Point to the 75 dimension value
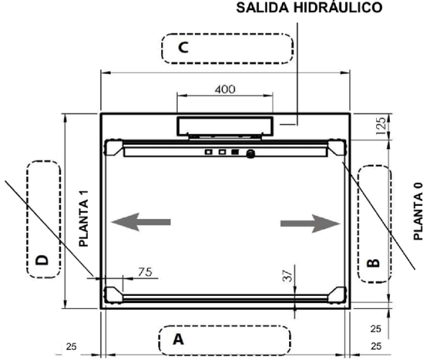coord(145,271)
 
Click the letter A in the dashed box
coord(179,339)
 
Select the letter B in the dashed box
coord(373,263)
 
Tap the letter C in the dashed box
coord(183,48)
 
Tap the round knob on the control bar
coord(251,153)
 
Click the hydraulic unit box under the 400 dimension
coord(225,125)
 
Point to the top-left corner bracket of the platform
coord(114,148)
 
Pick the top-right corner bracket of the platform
coord(337,148)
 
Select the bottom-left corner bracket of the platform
coord(114,295)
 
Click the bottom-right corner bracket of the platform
coord(337,295)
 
